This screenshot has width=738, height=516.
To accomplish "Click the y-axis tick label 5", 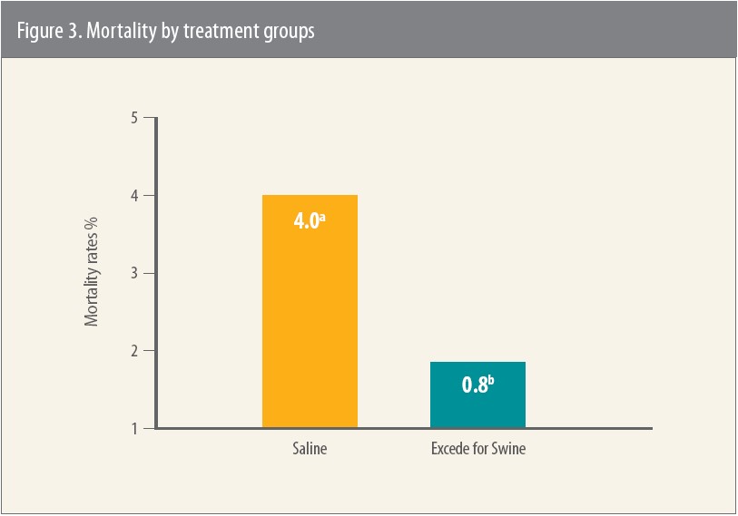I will click(133, 118).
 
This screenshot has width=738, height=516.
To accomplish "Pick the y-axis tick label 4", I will click(133, 196).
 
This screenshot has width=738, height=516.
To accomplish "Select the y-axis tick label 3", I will click(133, 273).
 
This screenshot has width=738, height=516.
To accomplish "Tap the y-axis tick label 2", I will click(133, 351).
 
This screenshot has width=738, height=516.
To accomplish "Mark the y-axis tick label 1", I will click(133, 428).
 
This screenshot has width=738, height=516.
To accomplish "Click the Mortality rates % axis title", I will click(92, 273).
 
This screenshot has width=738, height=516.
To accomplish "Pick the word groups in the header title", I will click(293, 29).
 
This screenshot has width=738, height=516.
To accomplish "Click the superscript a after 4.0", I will click(321, 216).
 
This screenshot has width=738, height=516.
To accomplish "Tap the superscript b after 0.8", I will click(490, 380).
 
